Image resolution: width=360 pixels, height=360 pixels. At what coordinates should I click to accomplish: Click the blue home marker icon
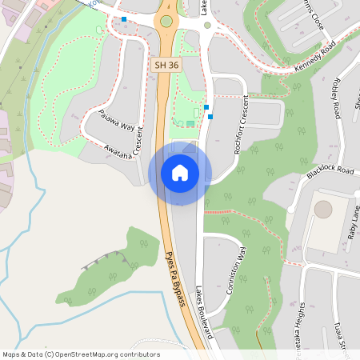coord(180,173)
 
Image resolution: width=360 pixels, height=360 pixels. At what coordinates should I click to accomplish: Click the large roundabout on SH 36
coord(166,21)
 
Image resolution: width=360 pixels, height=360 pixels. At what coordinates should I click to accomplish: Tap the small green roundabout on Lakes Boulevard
coord(207,25)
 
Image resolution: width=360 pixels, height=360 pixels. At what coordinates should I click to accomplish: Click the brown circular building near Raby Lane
coord(323,210)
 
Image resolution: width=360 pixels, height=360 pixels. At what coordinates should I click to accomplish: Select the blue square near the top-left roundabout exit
coord(124,18)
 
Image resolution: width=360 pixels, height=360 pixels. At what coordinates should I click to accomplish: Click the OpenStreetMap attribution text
coord(82,354)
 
